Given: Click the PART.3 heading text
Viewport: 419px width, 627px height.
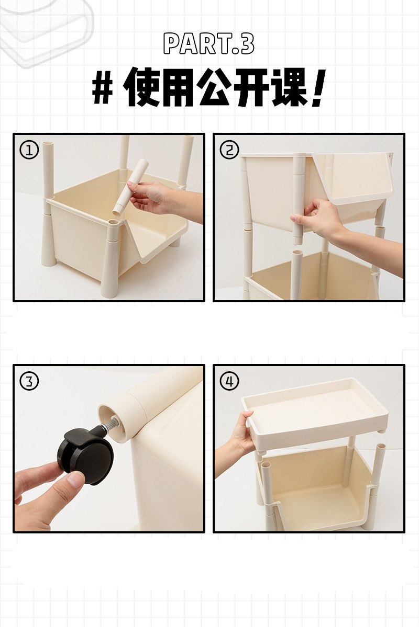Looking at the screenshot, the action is click(208, 43).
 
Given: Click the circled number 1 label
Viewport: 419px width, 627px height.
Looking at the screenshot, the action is click(29, 150).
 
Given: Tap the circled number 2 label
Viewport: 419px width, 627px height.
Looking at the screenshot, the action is click(229, 150).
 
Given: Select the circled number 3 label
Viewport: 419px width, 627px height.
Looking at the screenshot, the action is click(29, 381).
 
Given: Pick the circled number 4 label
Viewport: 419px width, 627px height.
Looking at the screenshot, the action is click(229, 381).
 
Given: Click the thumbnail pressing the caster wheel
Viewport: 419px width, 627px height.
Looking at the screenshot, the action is click(76, 479).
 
